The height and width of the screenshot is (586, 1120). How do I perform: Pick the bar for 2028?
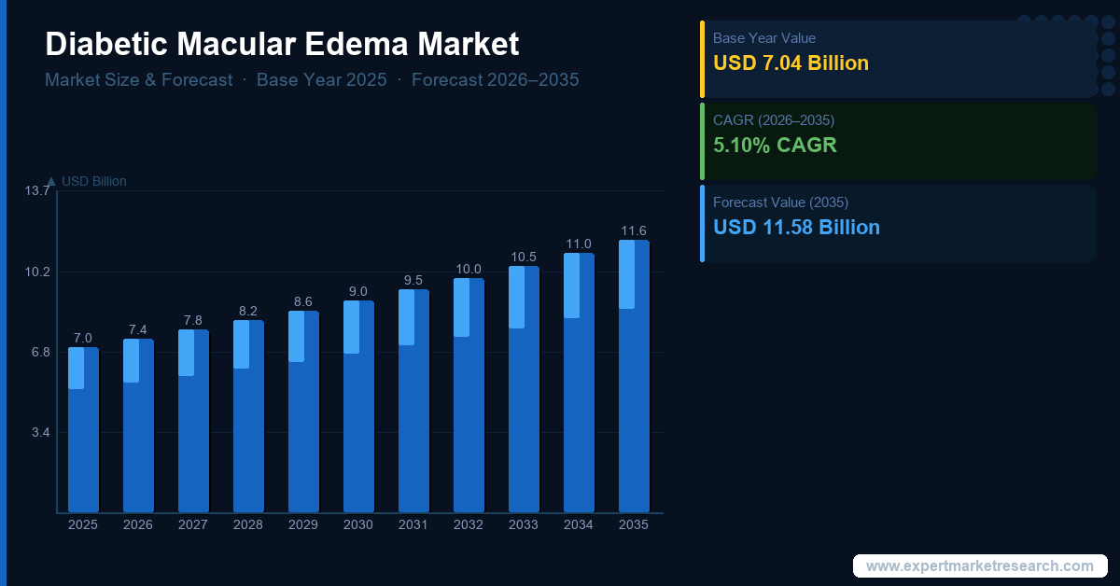coord(248,416)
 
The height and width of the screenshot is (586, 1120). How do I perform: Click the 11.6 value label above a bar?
coord(634,230)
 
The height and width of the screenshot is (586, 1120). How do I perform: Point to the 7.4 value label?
coord(138,329)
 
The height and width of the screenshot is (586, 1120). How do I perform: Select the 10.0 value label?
coord(469,269)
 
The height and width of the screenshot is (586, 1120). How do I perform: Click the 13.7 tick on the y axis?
coord(37,191)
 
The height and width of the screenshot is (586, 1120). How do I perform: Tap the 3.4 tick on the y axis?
coord(41,432)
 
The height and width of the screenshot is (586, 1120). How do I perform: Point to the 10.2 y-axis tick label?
coord(37,272)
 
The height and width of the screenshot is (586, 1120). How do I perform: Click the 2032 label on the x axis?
coord(469,525)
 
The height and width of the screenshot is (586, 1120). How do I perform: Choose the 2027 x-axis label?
coord(193,525)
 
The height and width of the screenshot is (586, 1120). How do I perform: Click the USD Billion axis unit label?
coord(93,181)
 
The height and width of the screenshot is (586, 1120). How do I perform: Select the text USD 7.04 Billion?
coord(791,63)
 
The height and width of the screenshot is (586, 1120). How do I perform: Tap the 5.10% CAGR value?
coord(775,146)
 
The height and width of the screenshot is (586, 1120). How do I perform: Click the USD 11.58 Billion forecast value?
coord(796,227)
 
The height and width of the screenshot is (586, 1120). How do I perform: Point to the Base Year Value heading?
coord(763,38)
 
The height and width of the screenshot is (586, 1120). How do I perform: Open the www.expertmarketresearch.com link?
coord(979,566)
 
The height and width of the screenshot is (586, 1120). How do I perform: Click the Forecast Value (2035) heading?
coord(780,202)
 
